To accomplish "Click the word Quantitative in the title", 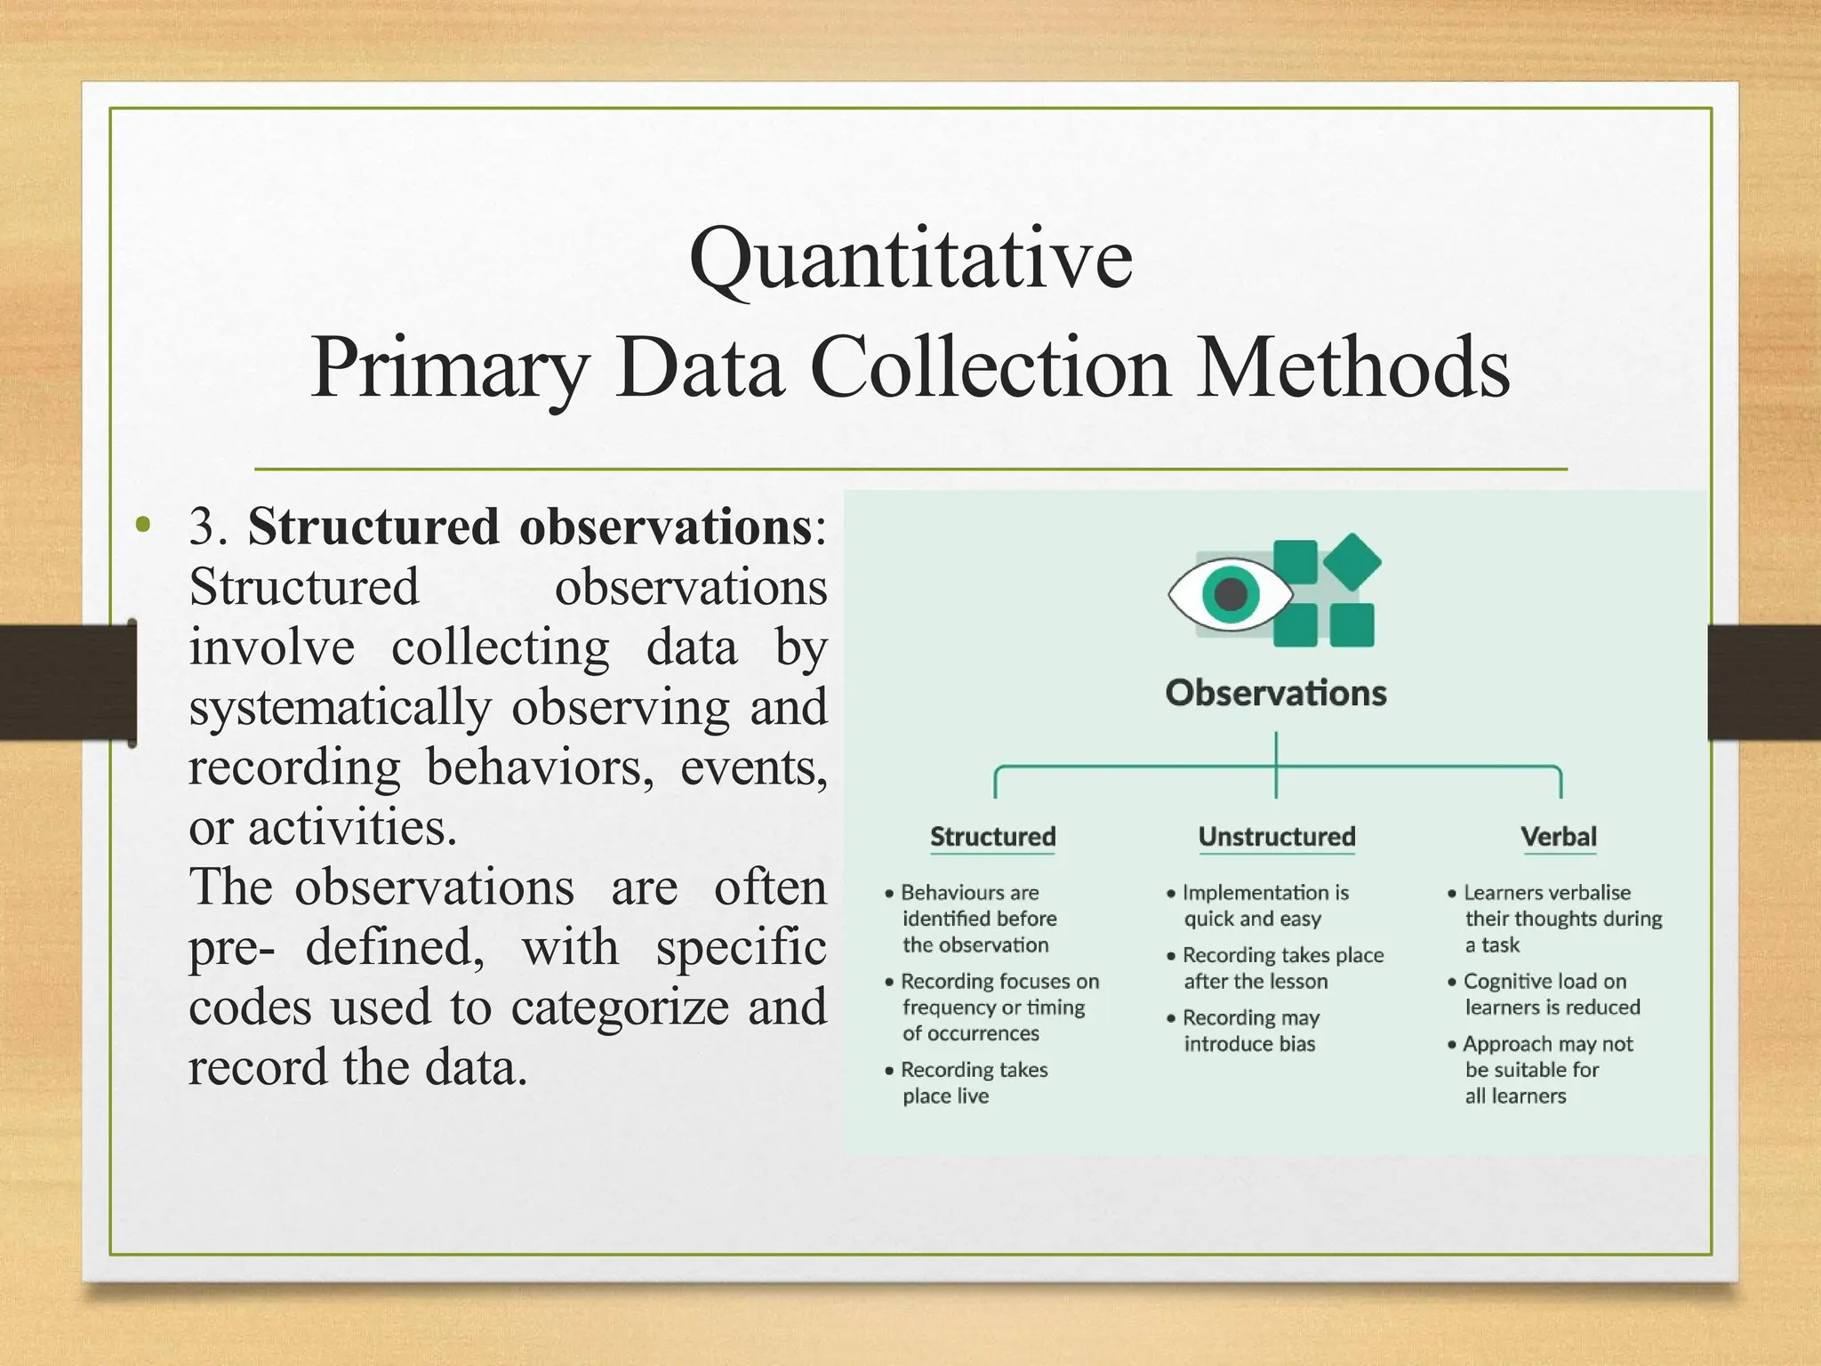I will coord(910,260).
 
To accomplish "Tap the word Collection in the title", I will coord(991,367).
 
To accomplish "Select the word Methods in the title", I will coord(1352,367).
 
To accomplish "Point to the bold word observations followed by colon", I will coord(665,526).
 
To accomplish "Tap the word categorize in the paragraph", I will coord(620,1008).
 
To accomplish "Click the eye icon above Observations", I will coord(1230,593).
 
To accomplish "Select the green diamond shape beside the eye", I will coord(1352,561).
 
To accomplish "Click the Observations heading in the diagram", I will coord(1276,693).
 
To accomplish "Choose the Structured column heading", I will coord(992,837).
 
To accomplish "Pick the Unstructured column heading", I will coord(1277,837).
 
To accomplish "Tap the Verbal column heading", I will coord(1559,837).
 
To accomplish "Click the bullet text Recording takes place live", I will coord(974,1082).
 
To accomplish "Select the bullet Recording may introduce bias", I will coord(1249,1031).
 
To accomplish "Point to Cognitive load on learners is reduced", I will coord(1551,994).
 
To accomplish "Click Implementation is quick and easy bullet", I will coord(1263,905).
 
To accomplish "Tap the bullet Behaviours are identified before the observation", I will coord(978,918).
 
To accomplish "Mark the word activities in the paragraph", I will coord(352,828).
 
